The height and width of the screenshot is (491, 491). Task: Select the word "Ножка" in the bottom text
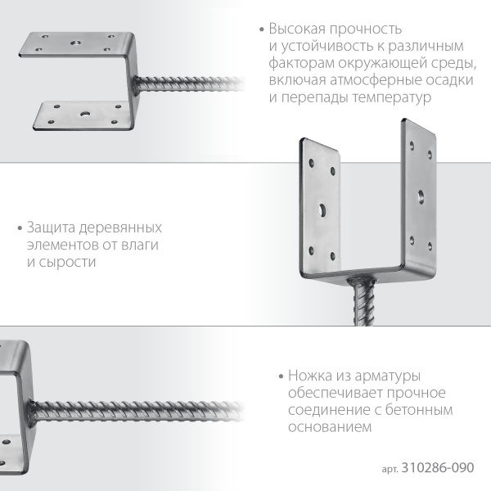311,376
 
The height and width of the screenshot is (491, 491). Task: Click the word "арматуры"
386,376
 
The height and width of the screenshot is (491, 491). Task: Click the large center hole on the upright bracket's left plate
323,209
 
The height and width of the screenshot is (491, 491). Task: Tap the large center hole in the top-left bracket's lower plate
84,112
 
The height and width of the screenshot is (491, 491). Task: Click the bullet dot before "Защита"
19,227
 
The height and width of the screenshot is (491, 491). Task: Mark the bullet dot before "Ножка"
279,377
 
